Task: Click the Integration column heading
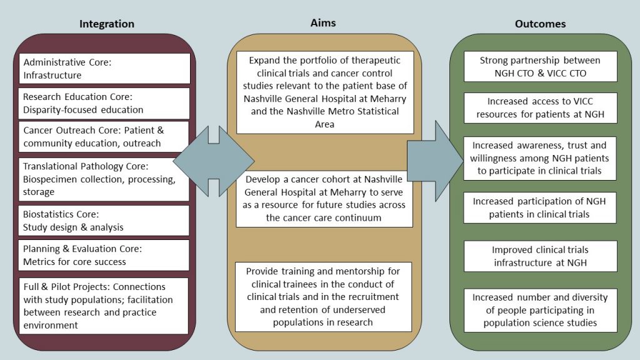coord(106,24)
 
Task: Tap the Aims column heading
coord(323,22)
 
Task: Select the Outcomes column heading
coord(540,24)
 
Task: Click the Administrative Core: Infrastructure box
coord(104,69)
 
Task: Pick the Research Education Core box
coord(104,103)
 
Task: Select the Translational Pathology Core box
coord(104,179)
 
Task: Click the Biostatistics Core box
coord(104,221)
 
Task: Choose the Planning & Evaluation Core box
coord(104,255)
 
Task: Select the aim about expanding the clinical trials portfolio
coord(325,92)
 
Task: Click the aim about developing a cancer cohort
coord(325,198)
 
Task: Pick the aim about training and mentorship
coord(324,297)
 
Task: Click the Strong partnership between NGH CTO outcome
coord(540,66)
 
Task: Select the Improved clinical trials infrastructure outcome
coord(540,256)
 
